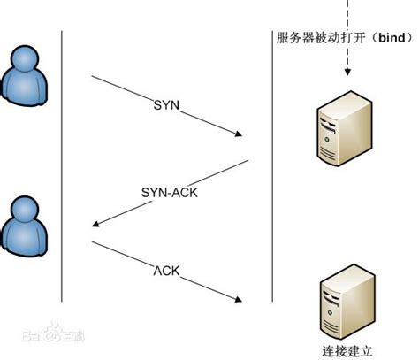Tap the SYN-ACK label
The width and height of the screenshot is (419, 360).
point(166,190)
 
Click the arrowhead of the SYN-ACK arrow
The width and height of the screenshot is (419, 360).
point(95,226)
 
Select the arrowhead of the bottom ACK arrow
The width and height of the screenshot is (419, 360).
point(239,301)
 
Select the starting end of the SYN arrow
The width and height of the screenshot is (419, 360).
point(92,78)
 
